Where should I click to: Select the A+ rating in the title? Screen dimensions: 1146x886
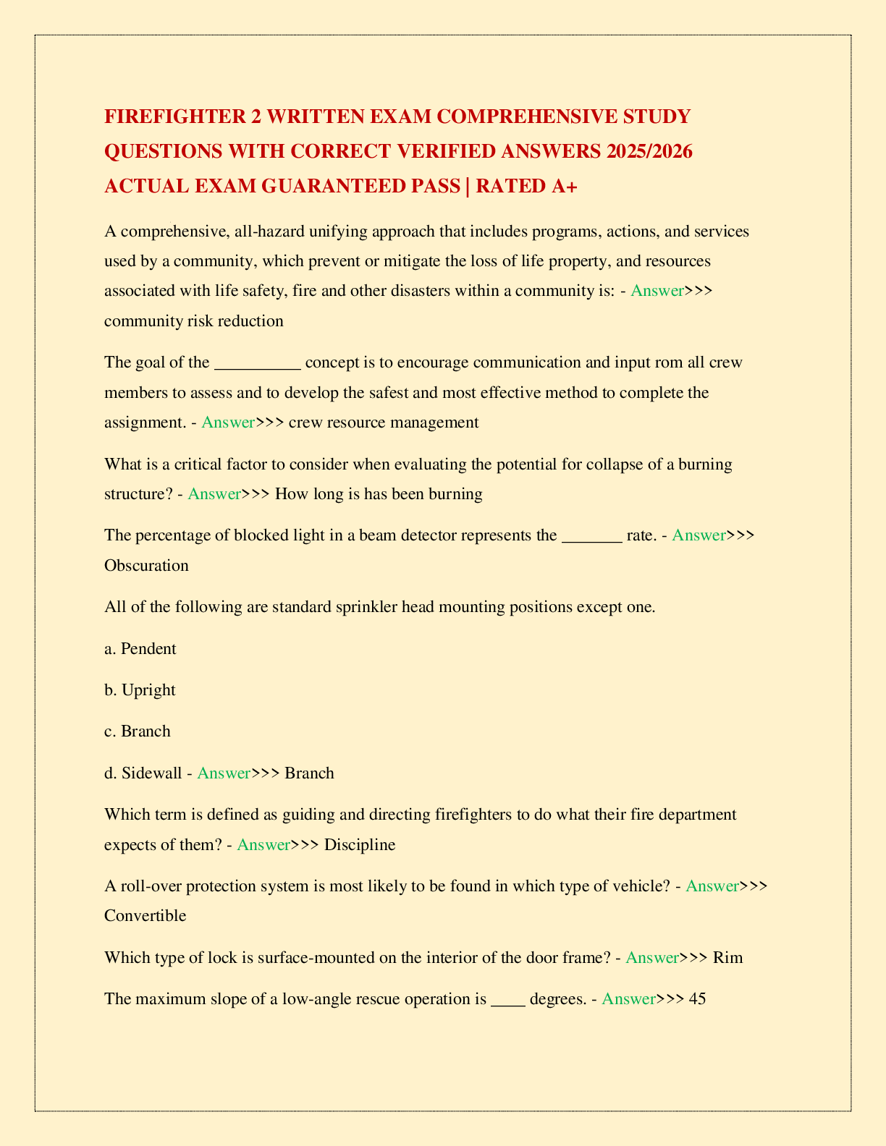point(564,186)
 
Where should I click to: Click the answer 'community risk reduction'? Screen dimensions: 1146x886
point(194,321)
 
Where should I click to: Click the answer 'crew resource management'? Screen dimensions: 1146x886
point(384,423)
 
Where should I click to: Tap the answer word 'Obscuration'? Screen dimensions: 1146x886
point(146,565)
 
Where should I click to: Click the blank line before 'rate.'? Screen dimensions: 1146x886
point(591,535)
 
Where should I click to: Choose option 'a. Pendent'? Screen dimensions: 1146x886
point(140,648)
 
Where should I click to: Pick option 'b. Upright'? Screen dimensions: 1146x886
point(140,689)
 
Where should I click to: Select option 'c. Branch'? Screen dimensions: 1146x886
point(138,731)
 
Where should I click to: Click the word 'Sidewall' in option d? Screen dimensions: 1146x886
point(152,773)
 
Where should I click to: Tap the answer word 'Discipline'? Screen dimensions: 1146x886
point(360,844)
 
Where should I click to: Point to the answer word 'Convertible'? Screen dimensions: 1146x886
point(145,915)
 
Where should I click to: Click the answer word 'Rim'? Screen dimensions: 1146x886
point(728,957)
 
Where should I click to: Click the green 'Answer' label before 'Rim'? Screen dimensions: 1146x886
point(651,957)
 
